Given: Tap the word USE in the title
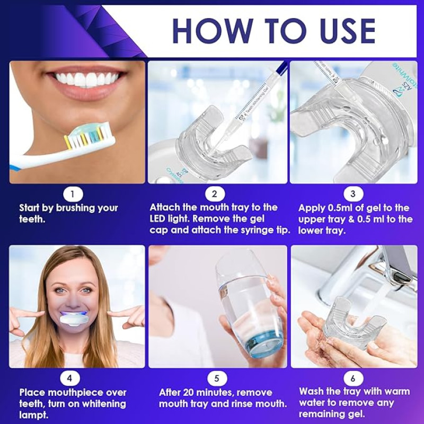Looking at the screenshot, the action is coord(348,31).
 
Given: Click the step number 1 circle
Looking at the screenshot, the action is coord(73,194).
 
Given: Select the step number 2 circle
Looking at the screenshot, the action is coord(215,194).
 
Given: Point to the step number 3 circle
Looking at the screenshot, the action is coord(353,194).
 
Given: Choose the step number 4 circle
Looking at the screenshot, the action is coord(70,378).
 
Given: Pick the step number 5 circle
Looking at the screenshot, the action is coord(217,378).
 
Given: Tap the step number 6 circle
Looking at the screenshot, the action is coord(352,378).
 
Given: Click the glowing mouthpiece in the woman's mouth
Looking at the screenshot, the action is coord(73,320).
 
